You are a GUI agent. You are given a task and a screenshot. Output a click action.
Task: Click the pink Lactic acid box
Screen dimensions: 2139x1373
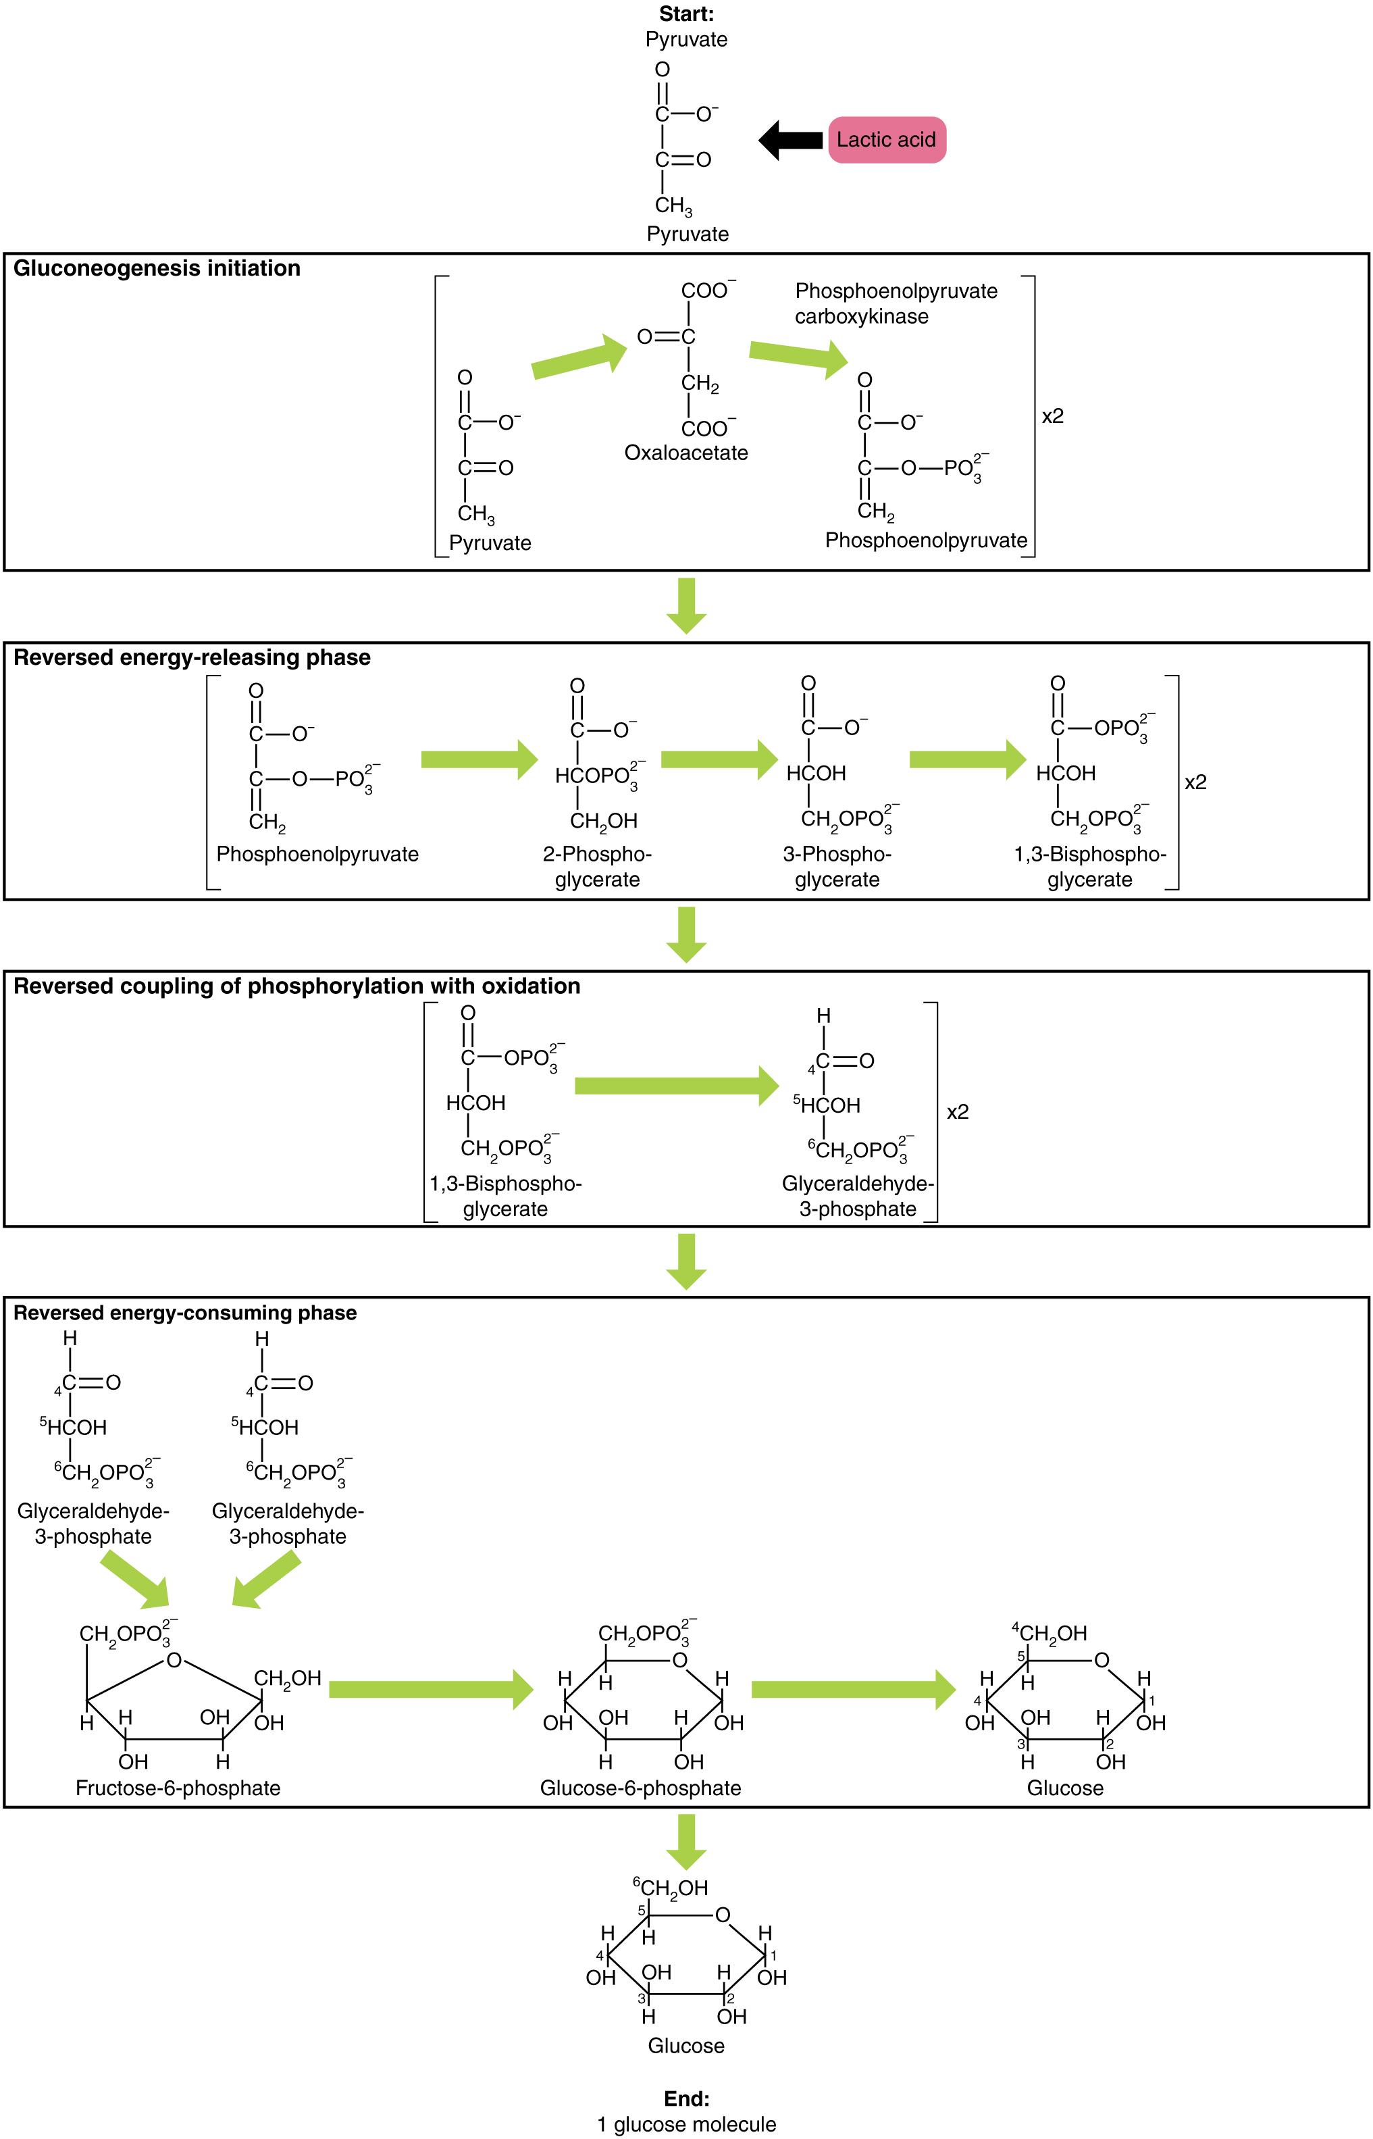coord(886,140)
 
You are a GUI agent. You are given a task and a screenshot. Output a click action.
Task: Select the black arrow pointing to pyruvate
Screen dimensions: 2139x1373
coord(790,140)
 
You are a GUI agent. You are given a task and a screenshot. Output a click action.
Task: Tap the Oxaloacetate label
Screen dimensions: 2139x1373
coord(685,453)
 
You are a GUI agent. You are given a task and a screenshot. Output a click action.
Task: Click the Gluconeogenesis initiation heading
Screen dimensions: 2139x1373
coord(157,268)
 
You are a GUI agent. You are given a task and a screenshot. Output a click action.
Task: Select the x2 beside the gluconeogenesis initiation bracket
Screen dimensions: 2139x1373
coord(1052,416)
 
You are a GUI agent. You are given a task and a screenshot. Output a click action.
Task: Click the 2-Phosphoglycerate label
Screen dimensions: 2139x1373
coord(597,867)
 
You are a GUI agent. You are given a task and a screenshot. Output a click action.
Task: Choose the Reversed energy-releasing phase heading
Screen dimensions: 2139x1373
coord(192,657)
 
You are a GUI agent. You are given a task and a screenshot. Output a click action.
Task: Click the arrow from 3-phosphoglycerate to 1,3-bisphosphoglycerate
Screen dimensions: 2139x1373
coord(967,759)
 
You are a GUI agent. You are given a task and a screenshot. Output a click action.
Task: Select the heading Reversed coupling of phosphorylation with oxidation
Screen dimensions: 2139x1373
coord(297,986)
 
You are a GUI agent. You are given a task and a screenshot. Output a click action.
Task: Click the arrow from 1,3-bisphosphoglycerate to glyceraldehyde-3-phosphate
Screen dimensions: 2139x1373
coord(677,1085)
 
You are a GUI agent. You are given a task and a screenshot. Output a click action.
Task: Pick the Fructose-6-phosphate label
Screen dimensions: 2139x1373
coord(178,1788)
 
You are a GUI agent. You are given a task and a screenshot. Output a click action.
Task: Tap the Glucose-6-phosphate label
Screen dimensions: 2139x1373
coord(640,1788)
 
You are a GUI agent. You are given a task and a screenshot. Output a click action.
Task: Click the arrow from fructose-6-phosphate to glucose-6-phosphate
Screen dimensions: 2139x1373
coord(431,1690)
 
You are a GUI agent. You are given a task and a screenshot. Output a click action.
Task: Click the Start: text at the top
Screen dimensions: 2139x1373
coord(686,14)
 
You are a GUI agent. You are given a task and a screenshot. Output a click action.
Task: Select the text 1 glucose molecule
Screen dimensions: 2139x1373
coord(686,2124)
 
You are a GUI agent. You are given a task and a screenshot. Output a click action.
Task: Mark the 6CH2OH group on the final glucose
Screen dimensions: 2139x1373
coord(671,1888)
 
